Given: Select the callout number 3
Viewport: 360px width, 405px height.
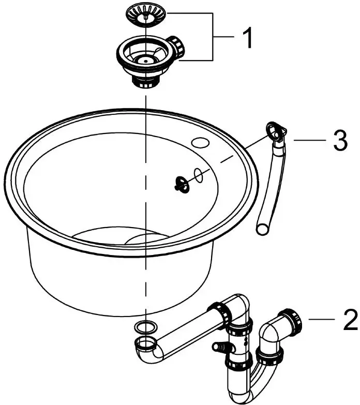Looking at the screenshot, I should [x=339, y=141].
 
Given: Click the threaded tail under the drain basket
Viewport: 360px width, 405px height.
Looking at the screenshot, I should [x=145, y=81].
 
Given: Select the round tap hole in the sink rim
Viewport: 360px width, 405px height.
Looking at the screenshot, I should [x=198, y=142].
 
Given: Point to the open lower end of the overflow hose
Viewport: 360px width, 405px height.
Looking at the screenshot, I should [x=263, y=228].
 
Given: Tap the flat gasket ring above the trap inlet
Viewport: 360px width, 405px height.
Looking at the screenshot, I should [x=145, y=326].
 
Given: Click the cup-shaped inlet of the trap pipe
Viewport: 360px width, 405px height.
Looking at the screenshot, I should [x=146, y=343].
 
